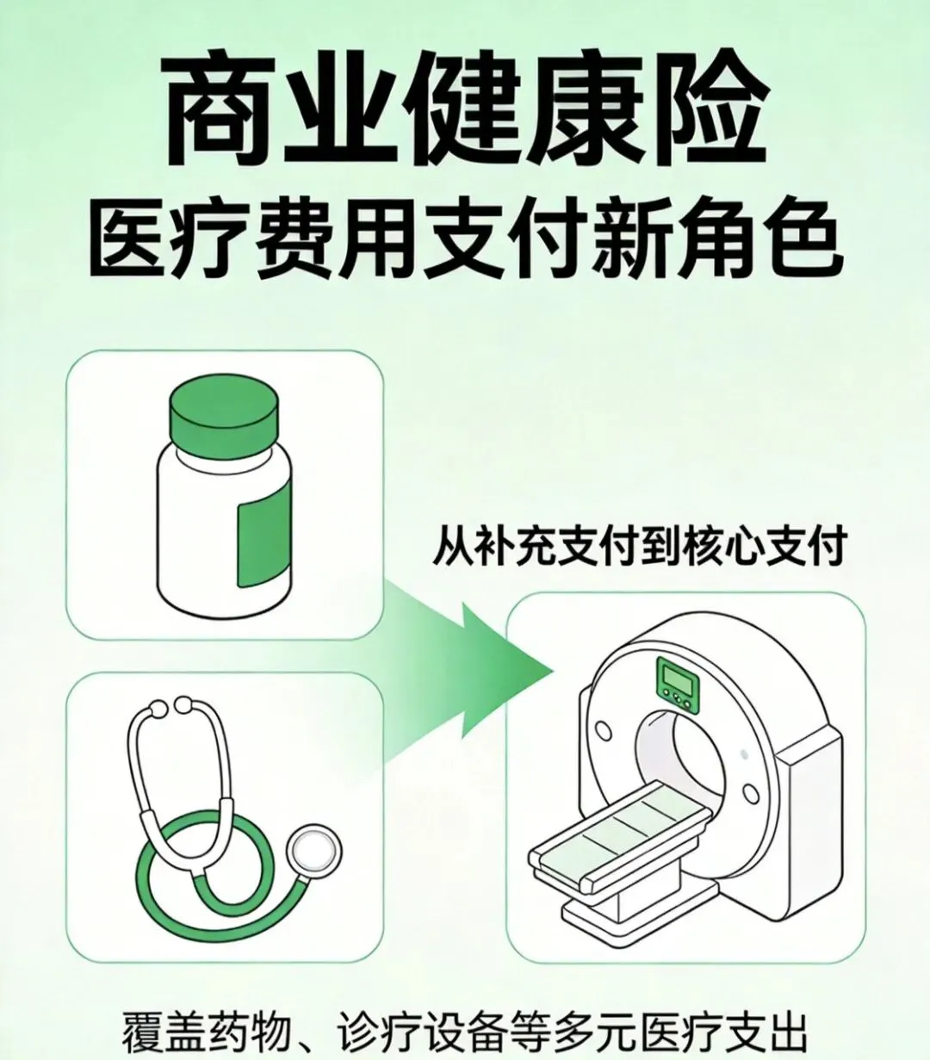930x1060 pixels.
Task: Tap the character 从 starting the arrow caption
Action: pyautogui.click(x=453, y=547)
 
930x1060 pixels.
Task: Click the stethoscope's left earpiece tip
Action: pyautogui.click(x=157, y=709)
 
